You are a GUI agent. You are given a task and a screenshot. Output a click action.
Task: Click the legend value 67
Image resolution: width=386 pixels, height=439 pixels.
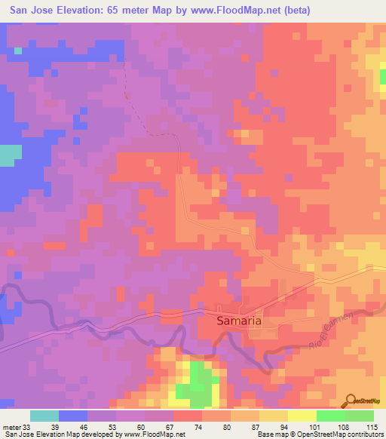pyautogui.click(x=173, y=428)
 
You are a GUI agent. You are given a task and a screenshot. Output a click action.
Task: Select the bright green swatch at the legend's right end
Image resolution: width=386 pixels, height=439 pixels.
pyautogui.click(x=359, y=416)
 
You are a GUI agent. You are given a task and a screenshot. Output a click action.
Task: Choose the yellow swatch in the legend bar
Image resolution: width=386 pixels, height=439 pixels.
pyautogui.click(x=302, y=416)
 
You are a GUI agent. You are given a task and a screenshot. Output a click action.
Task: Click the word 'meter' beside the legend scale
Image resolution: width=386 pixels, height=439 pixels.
pyautogui.click(x=11, y=428)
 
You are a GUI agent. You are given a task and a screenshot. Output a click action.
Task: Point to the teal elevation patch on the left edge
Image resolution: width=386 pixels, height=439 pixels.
pyautogui.click(x=9, y=155)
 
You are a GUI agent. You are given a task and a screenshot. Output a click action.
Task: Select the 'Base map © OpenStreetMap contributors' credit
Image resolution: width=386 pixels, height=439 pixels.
pyautogui.click(x=320, y=434)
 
